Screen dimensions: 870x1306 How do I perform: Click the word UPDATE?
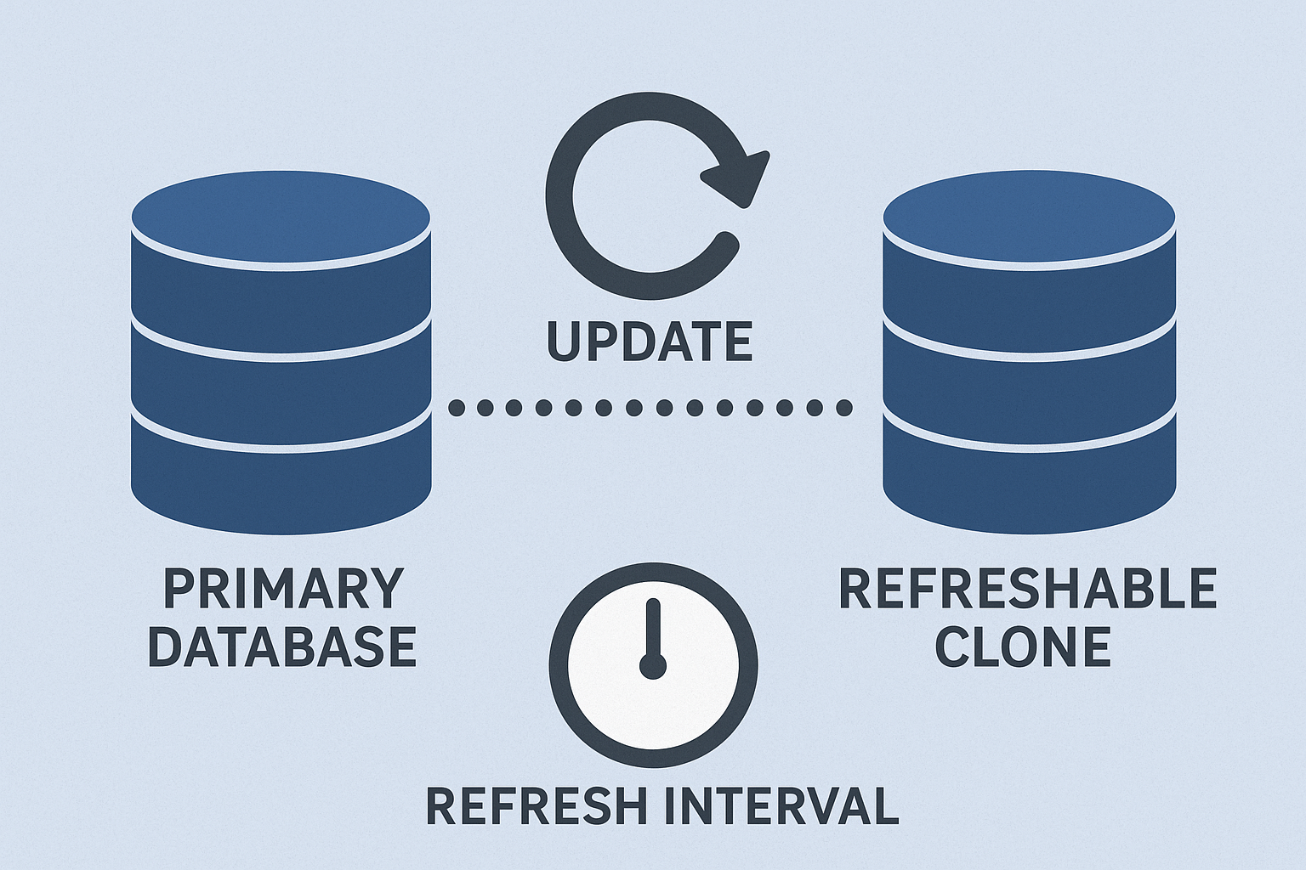point(649,341)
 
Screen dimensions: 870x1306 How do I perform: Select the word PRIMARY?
point(282,588)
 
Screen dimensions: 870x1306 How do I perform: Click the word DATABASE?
point(282,647)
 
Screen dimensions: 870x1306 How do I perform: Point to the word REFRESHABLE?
point(1027,588)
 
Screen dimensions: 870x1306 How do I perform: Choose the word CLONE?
point(1023,647)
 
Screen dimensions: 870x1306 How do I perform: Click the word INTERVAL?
point(781,805)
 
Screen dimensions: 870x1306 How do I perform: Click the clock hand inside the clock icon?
point(653,629)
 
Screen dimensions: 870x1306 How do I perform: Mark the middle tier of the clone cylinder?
point(1029,378)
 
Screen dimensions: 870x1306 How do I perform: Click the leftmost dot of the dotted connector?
point(457,408)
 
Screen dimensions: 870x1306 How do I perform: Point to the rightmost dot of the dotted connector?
point(843,408)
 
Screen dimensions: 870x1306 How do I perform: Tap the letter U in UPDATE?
point(562,341)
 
